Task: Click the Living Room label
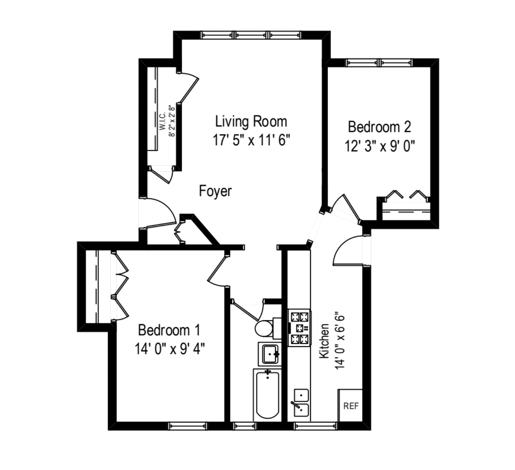point(251,122)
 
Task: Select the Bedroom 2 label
point(379,127)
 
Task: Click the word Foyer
point(215,191)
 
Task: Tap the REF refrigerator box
point(351,406)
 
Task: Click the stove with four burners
point(299,328)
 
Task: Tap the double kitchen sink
point(301,403)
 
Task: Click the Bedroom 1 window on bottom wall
point(187,426)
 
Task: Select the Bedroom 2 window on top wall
point(379,63)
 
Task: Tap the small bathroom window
point(244,426)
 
